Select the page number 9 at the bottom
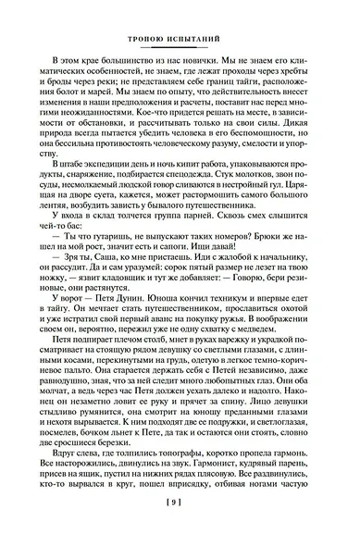click(179, 528)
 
